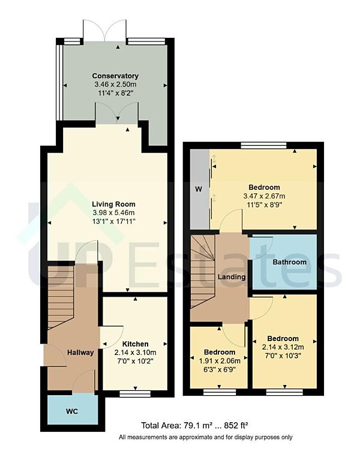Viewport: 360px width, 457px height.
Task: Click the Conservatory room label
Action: coord(115,76)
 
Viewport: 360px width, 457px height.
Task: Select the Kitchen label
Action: coord(134,344)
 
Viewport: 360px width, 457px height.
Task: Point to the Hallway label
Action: coord(80,353)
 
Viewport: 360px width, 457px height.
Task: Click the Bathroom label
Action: coord(289,262)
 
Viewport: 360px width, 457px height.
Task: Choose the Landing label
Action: coord(232,277)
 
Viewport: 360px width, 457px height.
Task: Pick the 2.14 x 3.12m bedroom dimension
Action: coord(284,347)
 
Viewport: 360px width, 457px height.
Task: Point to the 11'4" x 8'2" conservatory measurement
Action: coord(115,94)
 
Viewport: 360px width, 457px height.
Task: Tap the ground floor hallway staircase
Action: coord(60,297)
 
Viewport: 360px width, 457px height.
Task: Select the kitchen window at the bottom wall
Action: coord(134,394)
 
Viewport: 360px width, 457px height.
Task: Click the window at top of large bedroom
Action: coord(263,145)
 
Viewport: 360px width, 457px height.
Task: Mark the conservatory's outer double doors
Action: coord(104,30)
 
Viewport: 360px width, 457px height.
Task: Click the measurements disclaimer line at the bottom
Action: coord(206,437)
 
